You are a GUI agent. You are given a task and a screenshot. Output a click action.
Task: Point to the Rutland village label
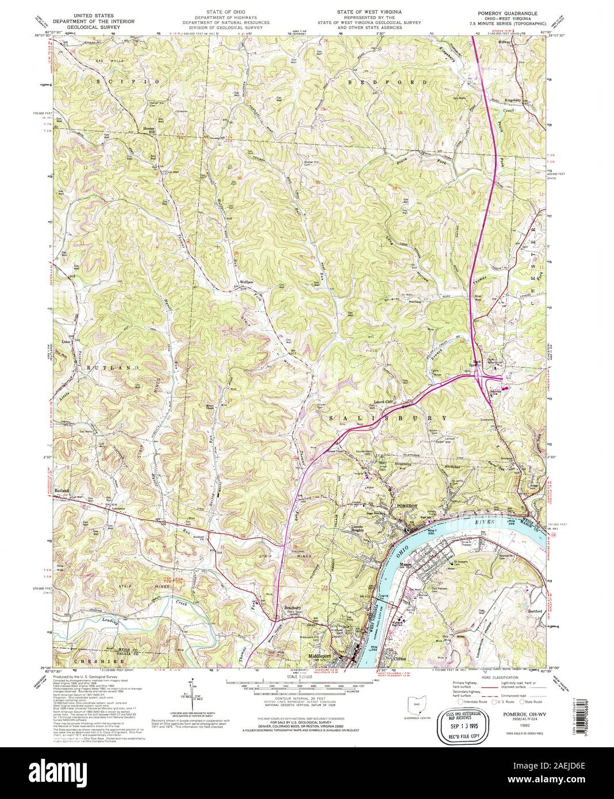pyautogui.click(x=62, y=490)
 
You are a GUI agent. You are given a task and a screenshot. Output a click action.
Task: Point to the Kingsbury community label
pyautogui.click(x=516, y=99)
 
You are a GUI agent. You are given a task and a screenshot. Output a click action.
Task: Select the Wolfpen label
pyautogui.click(x=247, y=282)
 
